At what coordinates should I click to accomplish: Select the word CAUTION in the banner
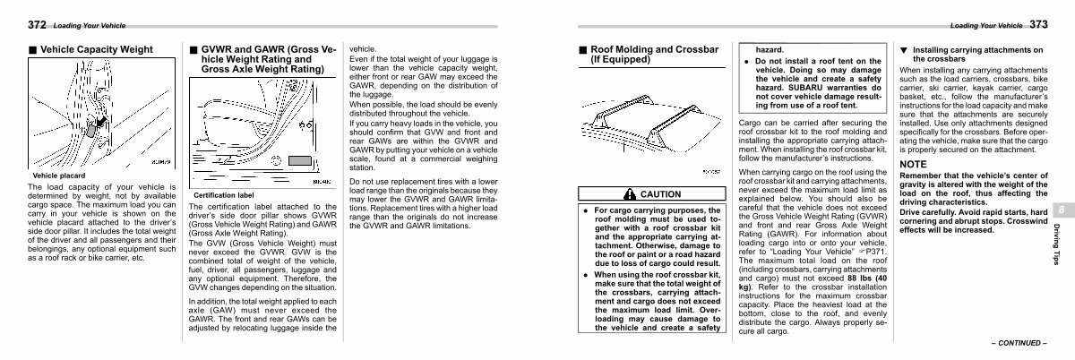click(x=660, y=193)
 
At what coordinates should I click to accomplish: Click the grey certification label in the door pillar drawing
click(x=298, y=163)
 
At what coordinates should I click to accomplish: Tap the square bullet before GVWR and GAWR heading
click(x=193, y=50)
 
